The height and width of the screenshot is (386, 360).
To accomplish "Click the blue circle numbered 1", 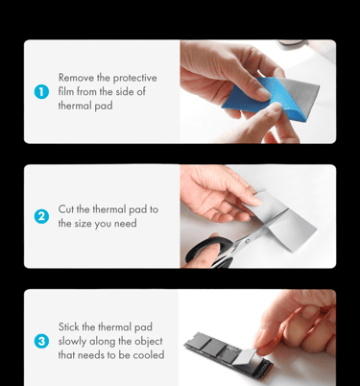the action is coord(41,92).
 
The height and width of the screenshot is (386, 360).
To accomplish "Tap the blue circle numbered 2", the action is coord(41,217).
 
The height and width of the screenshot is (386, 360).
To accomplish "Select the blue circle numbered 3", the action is coord(41,341).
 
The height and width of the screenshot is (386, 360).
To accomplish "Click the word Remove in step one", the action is coord(76,78).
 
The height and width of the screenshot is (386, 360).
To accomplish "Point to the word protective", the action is coord(134,79).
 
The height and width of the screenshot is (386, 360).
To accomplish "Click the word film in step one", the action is coord(66,91).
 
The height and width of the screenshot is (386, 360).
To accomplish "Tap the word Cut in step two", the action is coord(66,209).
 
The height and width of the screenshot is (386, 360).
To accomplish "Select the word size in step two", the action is coord(84,224).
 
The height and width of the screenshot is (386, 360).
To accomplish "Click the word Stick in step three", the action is coord(68,326).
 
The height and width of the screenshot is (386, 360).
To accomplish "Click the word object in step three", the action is coord(148,342).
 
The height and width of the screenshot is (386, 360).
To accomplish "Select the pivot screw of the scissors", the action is coord(247,241).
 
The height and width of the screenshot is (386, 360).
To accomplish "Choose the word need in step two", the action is coord(126,224).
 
